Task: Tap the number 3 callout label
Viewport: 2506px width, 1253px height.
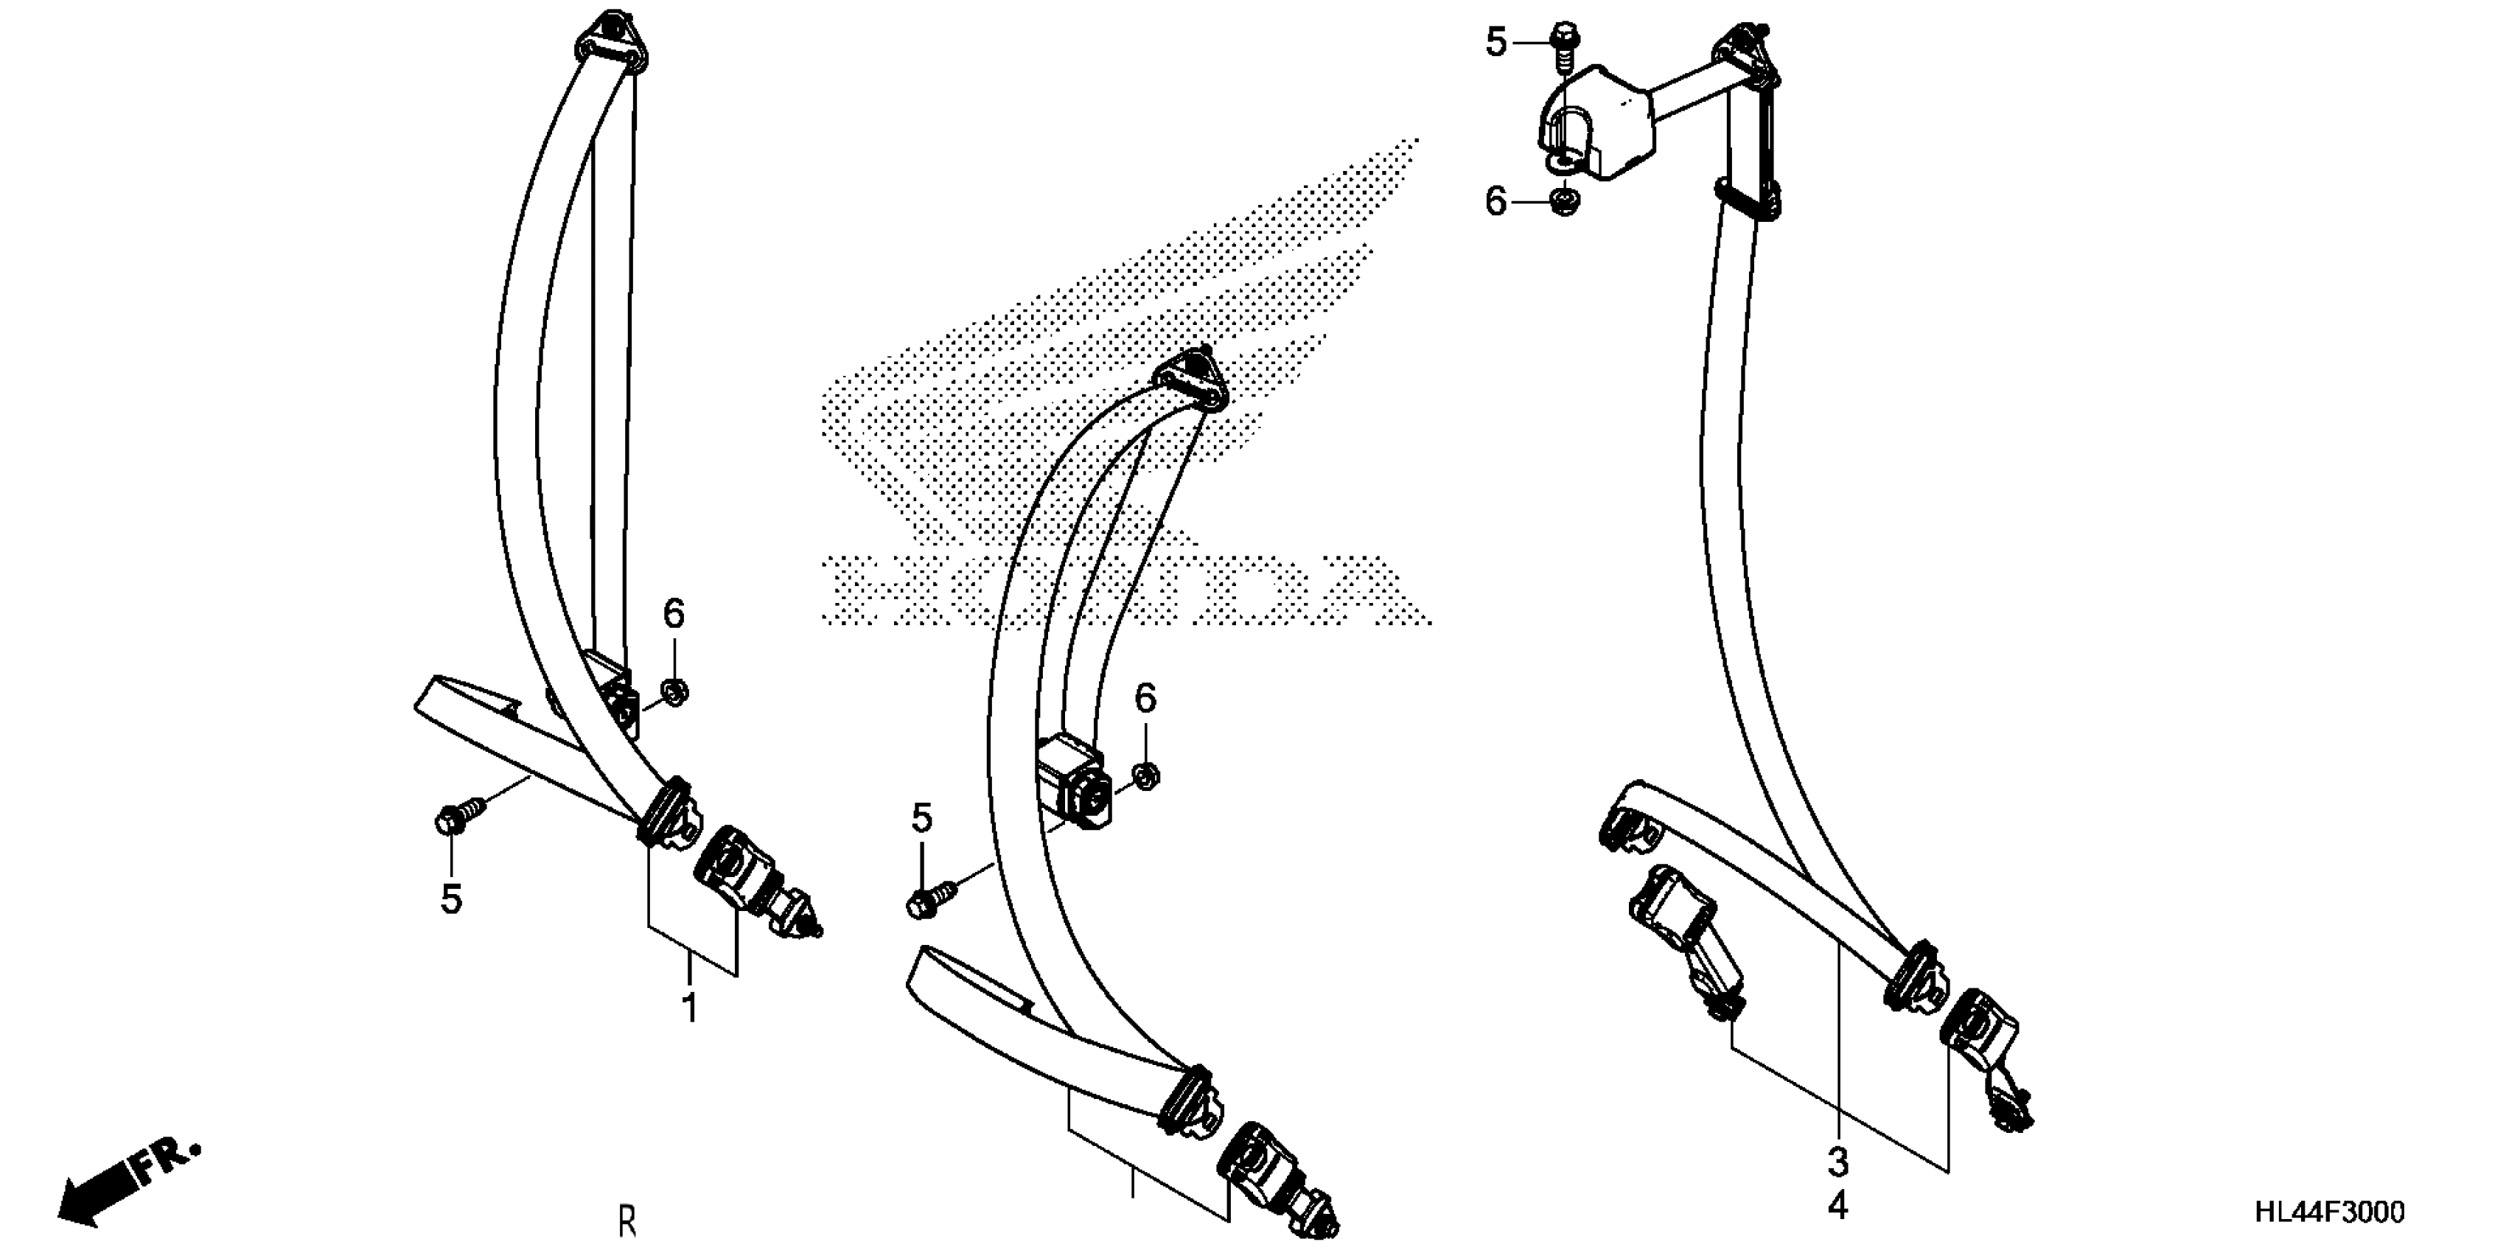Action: click(x=1837, y=1162)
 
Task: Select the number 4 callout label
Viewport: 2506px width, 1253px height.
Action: click(x=1837, y=1207)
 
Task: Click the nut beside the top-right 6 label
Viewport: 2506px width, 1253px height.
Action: click(x=1564, y=201)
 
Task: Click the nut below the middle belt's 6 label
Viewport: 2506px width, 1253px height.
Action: click(x=1146, y=776)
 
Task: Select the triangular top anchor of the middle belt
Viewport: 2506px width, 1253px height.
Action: click(x=1191, y=380)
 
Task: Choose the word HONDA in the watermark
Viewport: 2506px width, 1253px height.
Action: click(x=1123, y=589)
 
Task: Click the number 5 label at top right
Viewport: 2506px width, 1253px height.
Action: click(x=1495, y=43)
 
